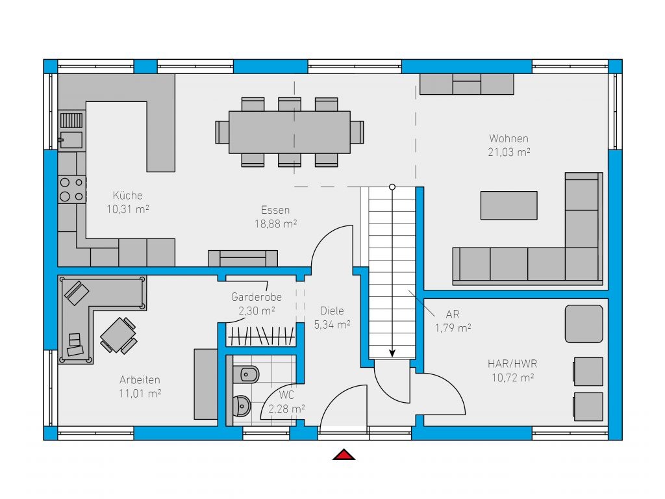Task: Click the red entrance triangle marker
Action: point(344,454)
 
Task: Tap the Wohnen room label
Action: point(508,138)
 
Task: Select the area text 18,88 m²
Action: point(275,224)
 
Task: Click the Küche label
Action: point(128,195)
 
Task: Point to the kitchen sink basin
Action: point(71,139)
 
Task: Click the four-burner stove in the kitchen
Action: point(72,189)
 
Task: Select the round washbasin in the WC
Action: point(242,406)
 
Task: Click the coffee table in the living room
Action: point(508,205)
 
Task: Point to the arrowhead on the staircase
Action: point(392,353)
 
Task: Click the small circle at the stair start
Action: point(392,187)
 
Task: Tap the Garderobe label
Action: point(256,296)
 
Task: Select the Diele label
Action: point(332,311)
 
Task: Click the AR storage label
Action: point(453,314)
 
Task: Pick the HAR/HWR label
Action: point(512,364)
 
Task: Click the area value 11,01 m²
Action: point(140,393)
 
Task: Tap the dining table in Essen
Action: point(290,132)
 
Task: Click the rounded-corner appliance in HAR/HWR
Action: point(584,324)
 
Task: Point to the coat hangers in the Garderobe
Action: point(261,336)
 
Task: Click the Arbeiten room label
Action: point(140,379)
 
